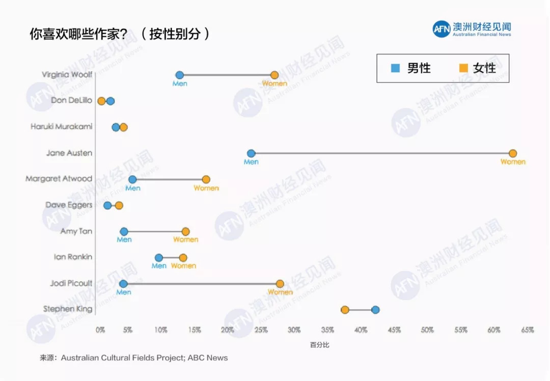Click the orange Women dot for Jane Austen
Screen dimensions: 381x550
coord(512,153)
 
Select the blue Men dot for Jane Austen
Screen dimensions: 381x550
coord(251,153)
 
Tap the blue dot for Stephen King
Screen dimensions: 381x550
coord(375,310)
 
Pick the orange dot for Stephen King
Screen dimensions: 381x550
coord(345,310)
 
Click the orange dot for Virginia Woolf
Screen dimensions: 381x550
coord(274,75)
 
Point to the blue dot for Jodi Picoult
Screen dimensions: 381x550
coord(123,284)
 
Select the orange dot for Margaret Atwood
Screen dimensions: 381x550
coord(206,179)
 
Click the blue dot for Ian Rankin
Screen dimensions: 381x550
coord(159,258)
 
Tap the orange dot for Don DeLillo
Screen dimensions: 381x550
coord(101,101)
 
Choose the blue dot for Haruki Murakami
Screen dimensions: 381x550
coord(116,127)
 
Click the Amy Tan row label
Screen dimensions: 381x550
coord(76,231)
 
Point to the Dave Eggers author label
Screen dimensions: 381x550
coord(69,205)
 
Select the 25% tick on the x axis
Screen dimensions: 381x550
coord(261,330)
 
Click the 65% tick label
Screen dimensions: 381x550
coord(527,330)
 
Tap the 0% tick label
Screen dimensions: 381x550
coord(100,330)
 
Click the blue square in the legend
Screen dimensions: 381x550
coord(395,68)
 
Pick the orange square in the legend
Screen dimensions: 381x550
coord(463,68)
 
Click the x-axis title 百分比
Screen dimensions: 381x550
coord(320,345)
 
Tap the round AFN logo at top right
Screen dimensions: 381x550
coord(442,29)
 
